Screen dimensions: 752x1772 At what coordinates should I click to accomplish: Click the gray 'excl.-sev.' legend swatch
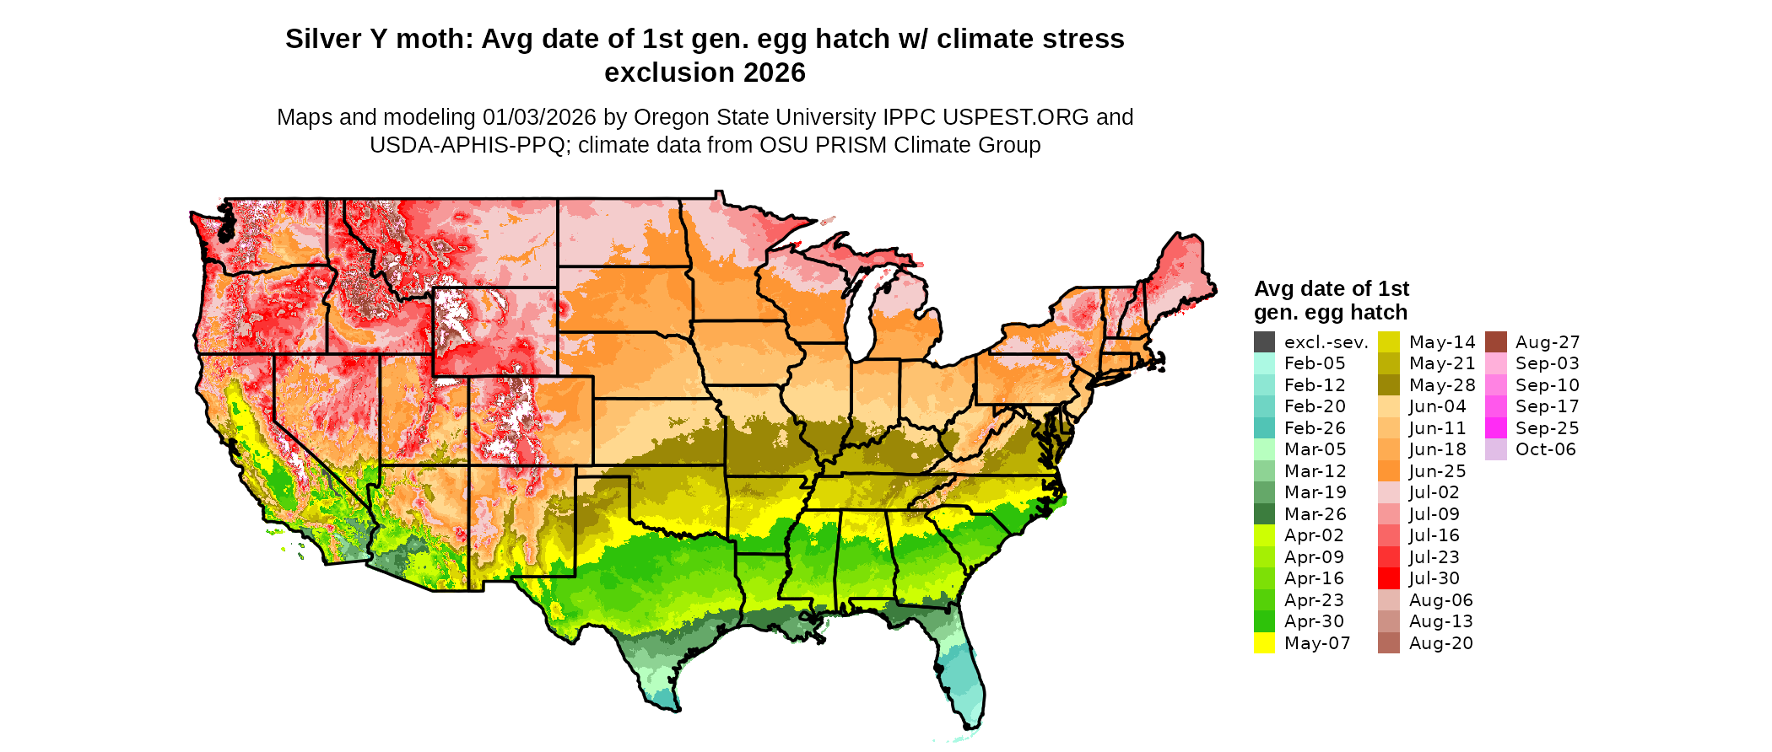coord(1264,342)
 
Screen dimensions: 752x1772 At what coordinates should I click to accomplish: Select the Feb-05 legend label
coord(1315,363)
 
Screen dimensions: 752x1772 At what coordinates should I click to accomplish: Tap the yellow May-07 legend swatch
coord(1264,643)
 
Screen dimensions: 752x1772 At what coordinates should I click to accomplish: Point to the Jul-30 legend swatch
coord(1388,578)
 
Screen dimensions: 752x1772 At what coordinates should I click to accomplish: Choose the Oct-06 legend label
coord(1545,449)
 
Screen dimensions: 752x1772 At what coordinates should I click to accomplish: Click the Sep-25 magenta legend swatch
coord(1495,428)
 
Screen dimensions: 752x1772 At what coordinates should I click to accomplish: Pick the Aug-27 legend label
coord(1547,342)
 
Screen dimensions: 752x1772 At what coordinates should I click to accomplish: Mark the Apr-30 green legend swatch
coord(1264,621)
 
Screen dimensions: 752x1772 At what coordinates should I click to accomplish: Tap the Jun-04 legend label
coord(1438,406)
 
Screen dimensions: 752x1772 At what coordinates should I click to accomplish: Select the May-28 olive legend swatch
coord(1388,385)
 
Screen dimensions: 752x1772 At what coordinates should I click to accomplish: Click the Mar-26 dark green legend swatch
coord(1264,514)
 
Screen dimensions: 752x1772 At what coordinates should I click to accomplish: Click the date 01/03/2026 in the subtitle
coord(538,117)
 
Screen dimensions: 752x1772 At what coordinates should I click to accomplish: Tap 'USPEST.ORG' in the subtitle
coord(1016,117)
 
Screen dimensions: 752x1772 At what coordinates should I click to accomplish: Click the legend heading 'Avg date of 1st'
coord(1332,288)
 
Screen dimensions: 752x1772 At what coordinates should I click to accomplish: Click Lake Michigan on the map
coord(862,312)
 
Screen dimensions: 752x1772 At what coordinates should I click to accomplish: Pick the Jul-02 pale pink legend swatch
coord(1388,492)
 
